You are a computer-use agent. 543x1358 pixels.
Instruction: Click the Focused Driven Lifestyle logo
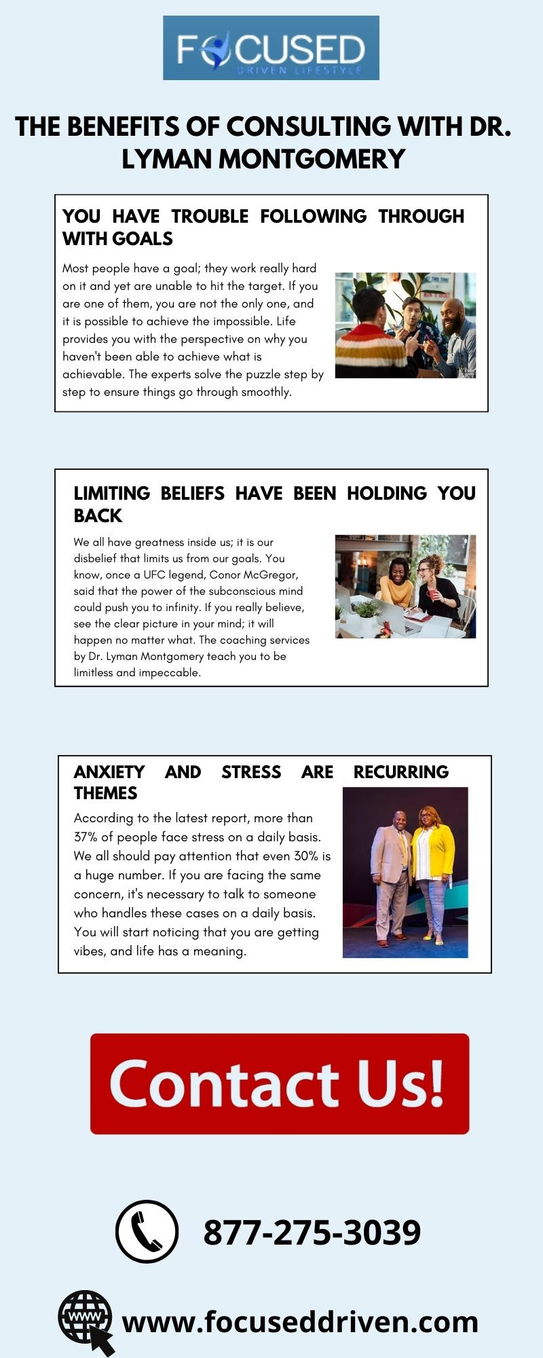pos(271,48)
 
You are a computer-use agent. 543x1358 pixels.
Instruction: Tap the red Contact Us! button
pos(280,1083)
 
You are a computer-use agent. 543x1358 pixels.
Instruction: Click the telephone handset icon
pos(147,1231)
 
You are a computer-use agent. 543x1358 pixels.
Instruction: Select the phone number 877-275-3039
pos(312,1232)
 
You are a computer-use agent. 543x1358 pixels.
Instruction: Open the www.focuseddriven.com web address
pos(300,1322)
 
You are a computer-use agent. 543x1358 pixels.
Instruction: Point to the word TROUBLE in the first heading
pos(210,216)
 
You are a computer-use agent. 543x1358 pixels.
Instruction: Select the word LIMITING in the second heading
pos(112,493)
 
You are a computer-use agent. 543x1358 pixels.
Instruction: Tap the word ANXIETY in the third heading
pos(109,772)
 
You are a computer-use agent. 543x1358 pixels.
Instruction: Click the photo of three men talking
pos(405,325)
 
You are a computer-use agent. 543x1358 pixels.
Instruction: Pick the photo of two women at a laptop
pos(405,587)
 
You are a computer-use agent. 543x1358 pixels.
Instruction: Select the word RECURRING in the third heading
pos(400,772)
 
